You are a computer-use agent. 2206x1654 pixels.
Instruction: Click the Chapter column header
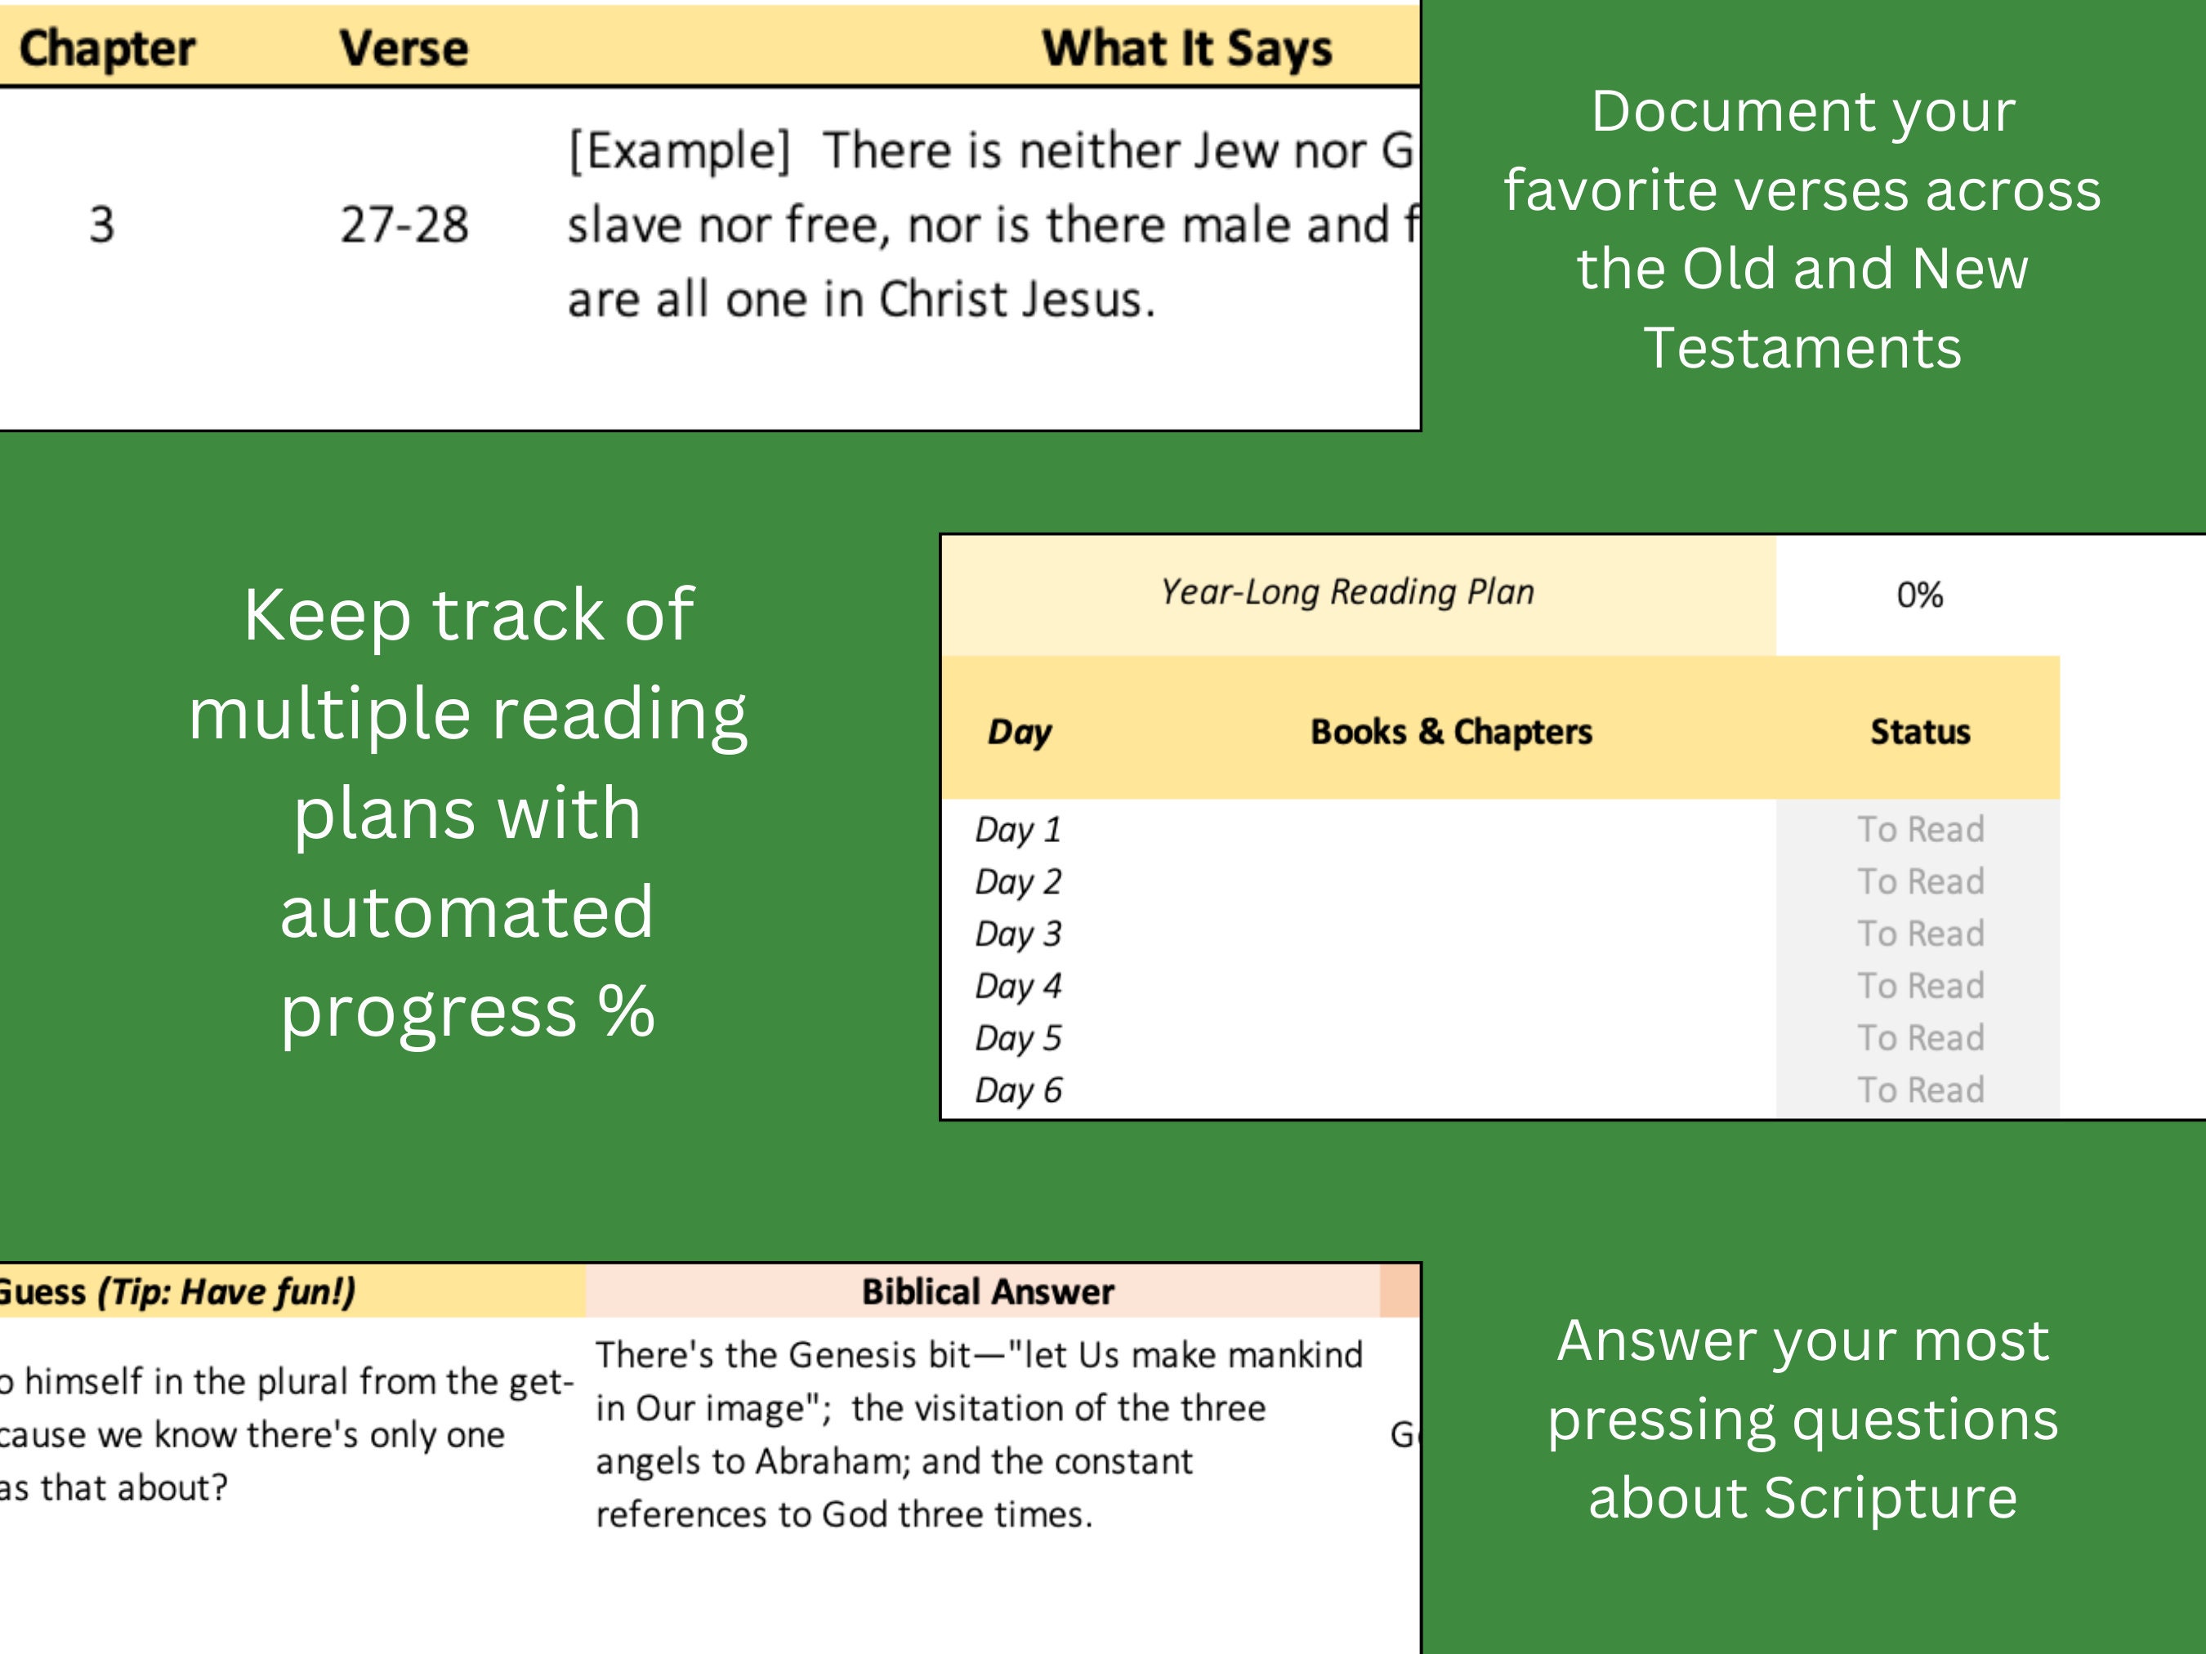click(x=107, y=48)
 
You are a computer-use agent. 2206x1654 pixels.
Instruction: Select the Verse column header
click(x=403, y=48)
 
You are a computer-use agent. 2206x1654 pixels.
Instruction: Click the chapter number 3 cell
click(x=102, y=225)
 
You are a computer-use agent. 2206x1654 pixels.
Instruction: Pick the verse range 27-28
click(x=404, y=225)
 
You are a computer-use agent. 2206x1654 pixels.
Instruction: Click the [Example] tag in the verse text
click(x=679, y=150)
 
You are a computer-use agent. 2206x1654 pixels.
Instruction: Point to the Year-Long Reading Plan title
click(x=1346, y=592)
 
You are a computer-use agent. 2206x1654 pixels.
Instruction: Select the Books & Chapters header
click(x=1451, y=732)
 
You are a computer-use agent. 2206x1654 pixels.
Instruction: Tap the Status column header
click(x=1920, y=732)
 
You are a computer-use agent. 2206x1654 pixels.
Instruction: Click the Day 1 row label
click(x=1018, y=830)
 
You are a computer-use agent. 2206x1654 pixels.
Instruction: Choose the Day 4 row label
click(x=1018, y=986)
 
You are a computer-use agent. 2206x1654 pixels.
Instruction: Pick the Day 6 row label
click(x=1018, y=1090)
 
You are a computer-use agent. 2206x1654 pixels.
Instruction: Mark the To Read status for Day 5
click(x=1920, y=1039)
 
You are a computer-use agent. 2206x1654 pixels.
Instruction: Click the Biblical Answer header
click(x=987, y=1292)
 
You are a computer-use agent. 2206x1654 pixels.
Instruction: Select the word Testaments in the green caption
click(x=1802, y=348)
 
